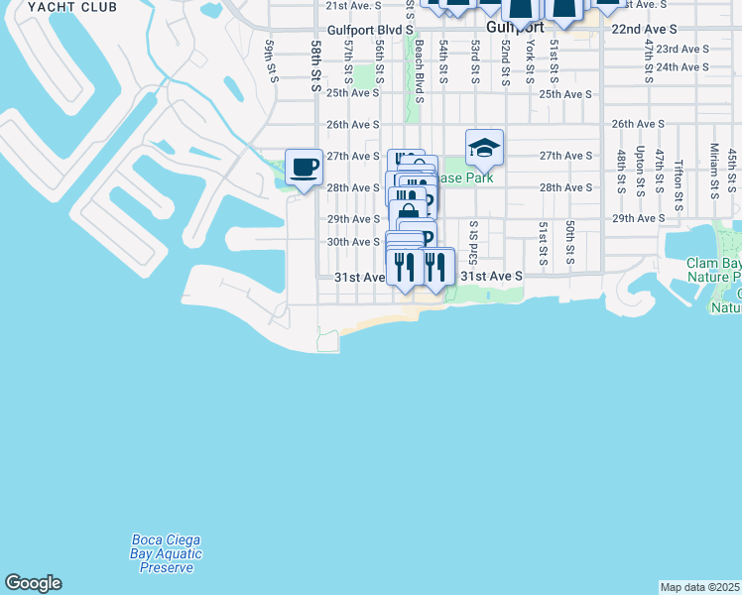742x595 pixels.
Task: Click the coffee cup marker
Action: (x=304, y=167)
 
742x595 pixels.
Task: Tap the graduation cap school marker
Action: (x=484, y=148)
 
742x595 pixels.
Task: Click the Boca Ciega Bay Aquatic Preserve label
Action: (x=167, y=553)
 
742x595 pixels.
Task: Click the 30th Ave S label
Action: (x=353, y=242)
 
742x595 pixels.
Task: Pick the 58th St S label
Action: (x=316, y=66)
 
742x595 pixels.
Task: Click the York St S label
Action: (x=530, y=60)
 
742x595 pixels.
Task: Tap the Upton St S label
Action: (x=641, y=170)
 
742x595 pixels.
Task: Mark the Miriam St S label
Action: (x=714, y=167)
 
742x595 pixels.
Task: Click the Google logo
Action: (x=33, y=583)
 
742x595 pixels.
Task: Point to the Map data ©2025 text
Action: (x=700, y=587)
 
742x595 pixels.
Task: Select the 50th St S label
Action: (x=570, y=243)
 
